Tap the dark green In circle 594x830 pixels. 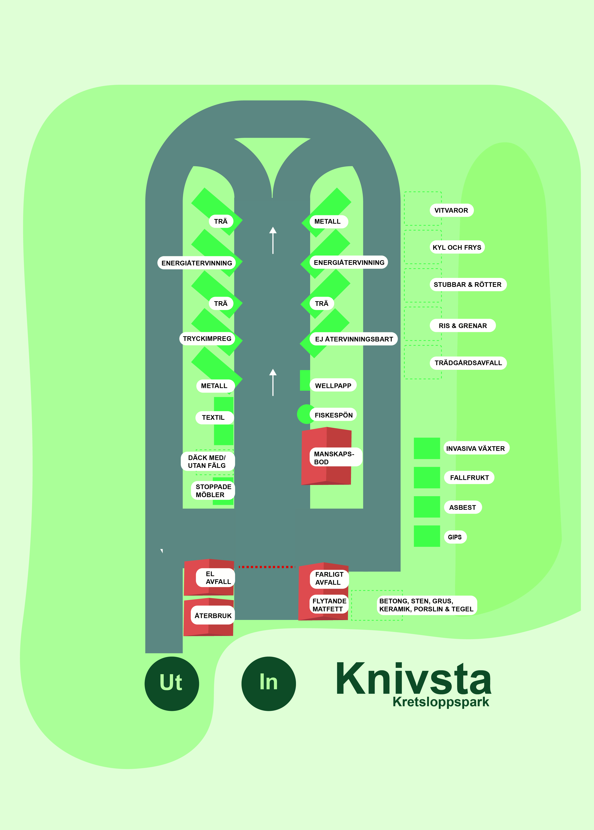tap(269, 683)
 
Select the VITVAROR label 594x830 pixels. tap(451, 210)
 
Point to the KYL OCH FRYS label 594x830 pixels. tap(457, 247)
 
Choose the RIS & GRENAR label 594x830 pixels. tap(463, 326)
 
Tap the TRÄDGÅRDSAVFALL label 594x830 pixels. tap(468, 363)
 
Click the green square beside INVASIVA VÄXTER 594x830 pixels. tap(427, 448)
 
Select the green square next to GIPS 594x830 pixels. tap(427, 536)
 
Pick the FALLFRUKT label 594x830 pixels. tap(469, 478)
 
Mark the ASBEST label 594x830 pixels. tap(463, 507)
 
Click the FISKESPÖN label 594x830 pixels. tap(334, 415)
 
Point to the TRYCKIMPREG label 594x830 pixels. tap(207, 338)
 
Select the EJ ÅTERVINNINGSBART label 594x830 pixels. tap(354, 339)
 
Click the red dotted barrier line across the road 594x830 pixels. tap(267, 567)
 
